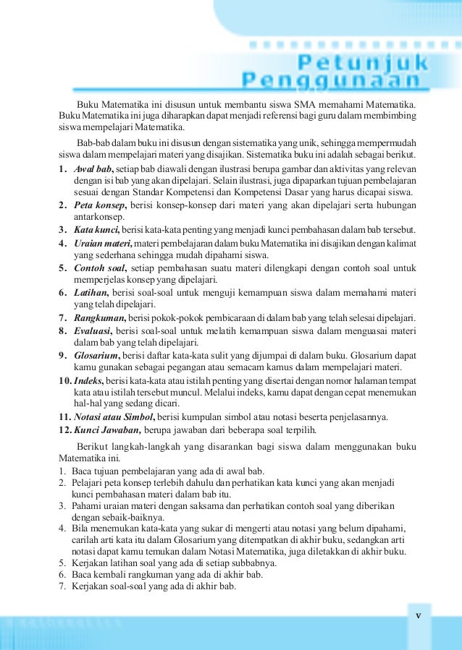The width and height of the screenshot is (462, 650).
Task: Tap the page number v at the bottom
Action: (x=418, y=615)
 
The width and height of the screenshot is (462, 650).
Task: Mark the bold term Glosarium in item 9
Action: (x=97, y=354)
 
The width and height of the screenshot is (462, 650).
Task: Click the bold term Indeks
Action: (x=89, y=380)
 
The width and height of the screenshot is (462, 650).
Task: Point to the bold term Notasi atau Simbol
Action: (x=114, y=416)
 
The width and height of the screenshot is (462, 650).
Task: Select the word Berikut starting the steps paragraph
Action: (x=95, y=447)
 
